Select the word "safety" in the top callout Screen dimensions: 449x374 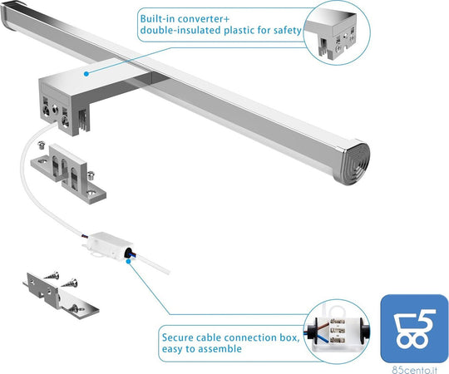[287, 30]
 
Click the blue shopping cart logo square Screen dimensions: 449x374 [414, 328]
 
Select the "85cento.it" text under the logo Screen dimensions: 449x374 [414, 370]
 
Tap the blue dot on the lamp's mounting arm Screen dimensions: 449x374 [86, 74]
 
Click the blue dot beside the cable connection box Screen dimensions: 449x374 [129, 261]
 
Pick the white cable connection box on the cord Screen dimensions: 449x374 [109, 245]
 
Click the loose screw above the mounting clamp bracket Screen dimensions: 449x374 [42, 145]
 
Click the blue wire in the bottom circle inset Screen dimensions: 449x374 [321, 337]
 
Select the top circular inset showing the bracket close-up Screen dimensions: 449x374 [337, 32]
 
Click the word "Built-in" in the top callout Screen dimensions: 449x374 [155, 19]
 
